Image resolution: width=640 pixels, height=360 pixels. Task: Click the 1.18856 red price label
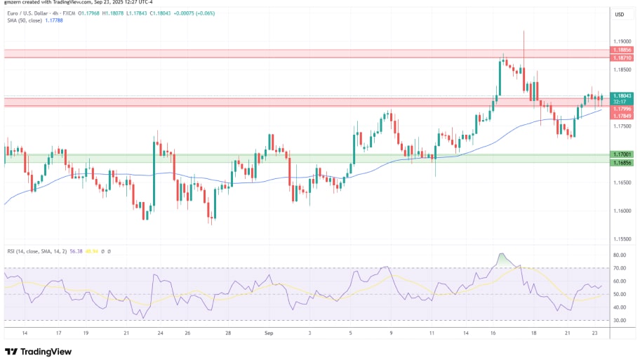coord(621,51)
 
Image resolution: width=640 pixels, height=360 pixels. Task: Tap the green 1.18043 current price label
coord(621,96)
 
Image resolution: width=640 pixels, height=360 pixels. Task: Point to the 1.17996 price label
coord(621,109)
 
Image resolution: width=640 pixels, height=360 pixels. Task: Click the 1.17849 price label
coord(621,116)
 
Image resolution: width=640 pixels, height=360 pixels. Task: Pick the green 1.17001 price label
coord(621,154)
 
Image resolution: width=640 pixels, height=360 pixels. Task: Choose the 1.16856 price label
coord(621,162)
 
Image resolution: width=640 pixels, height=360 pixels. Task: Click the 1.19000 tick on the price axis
coord(621,41)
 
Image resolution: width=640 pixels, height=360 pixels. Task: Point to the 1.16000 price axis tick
coord(621,211)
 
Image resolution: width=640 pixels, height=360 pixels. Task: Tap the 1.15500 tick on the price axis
coord(621,239)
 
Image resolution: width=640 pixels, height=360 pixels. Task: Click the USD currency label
coord(620,15)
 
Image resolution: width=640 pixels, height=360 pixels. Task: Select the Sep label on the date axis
coord(269,333)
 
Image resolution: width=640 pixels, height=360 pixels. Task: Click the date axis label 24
coord(160,333)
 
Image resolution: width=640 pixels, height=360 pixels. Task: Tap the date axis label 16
coord(494,333)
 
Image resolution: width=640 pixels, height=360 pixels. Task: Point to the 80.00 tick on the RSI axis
coord(620,255)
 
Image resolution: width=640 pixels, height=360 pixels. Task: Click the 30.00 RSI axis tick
coord(620,320)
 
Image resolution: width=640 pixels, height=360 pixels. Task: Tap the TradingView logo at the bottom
coord(40,351)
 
